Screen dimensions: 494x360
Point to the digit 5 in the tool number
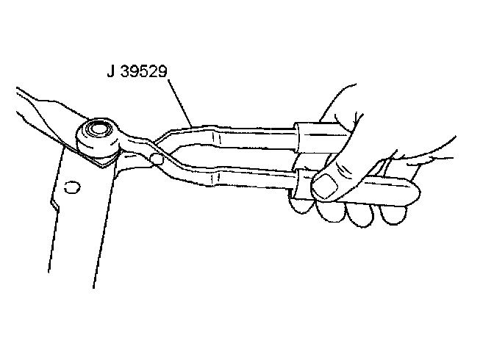coord(139,73)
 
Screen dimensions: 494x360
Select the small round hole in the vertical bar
coord(71,187)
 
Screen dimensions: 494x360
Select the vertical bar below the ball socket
coord(81,220)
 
